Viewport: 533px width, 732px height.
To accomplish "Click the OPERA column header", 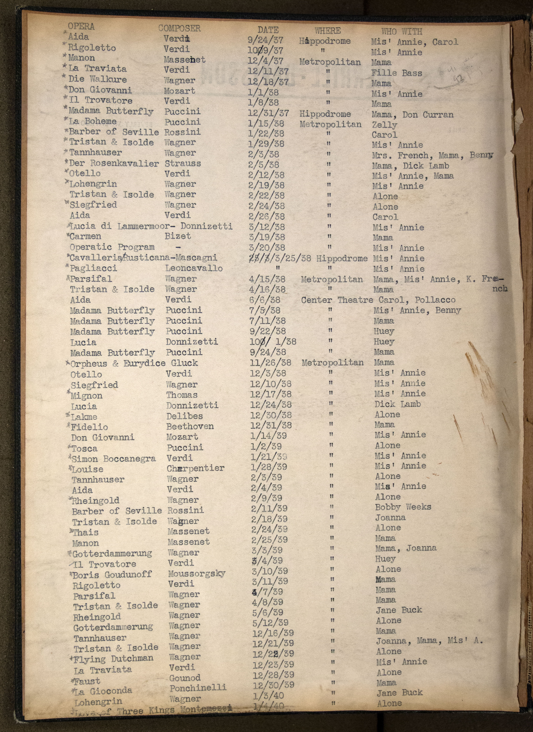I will coord(81,27).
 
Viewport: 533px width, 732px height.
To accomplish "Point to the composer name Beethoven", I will coord(190,426).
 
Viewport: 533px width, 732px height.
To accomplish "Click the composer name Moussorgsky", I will coord(196,574).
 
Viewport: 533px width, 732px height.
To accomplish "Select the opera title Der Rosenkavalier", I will coord(114,163).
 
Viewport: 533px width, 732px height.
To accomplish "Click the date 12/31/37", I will coord(268,113).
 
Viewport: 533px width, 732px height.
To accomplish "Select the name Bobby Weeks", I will coord(403,507).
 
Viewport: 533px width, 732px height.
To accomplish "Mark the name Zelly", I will coord(384,125).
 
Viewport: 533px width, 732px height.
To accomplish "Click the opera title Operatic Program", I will coord(112,247).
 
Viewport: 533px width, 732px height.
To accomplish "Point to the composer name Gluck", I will coord(184,363).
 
